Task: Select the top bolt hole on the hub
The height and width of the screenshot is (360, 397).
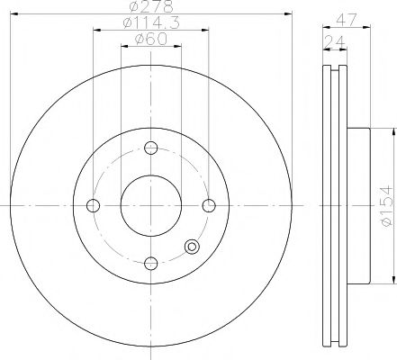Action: pyautogui.click(x=151, y=148)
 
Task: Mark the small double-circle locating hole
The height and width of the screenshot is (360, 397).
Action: pyautogui.click(x=192, y=248)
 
